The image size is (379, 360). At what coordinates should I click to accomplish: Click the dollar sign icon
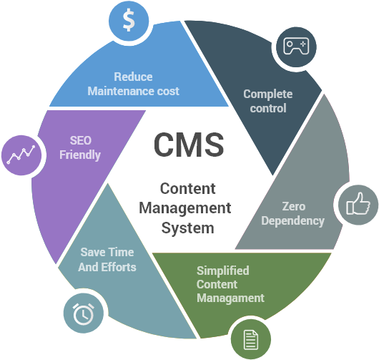(128, 21)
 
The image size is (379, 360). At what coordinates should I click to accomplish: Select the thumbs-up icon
(357, 204)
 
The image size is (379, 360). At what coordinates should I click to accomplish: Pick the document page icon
(250, 339)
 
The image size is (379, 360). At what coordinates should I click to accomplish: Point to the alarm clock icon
(83, 313)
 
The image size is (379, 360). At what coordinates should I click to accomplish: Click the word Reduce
(133, 77)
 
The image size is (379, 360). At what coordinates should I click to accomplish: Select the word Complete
(267, 94)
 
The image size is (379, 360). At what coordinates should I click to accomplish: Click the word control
(268, 108)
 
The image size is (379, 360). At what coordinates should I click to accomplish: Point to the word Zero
(293, 207)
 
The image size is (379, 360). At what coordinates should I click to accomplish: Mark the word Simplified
(222, 271)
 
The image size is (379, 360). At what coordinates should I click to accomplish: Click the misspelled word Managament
(230, 298)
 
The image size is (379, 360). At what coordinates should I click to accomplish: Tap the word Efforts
(119, 267)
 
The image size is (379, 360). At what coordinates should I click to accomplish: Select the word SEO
(80, 140)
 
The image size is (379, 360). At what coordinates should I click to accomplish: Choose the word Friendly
(80, 155)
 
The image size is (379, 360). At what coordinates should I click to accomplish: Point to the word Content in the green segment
(215, 284)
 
